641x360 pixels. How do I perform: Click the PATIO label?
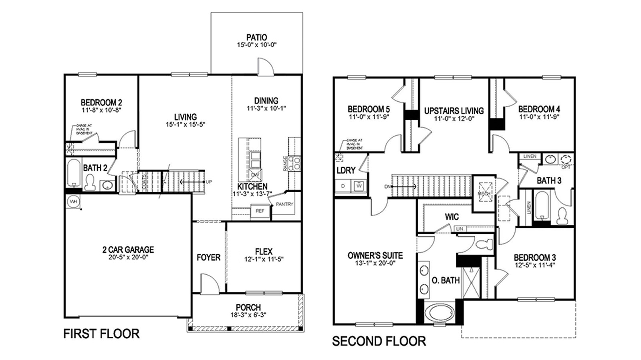tap(256, 38)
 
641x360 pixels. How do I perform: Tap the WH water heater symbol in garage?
tap(73, 201)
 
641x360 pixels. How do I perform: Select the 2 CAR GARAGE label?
tap(128, 249)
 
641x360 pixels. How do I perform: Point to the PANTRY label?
tap(284, 204)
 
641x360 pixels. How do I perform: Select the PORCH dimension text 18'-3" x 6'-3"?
tap(248, 315)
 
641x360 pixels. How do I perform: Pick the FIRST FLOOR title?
tap(101, 334)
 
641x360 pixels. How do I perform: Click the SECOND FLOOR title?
tap(379, 341)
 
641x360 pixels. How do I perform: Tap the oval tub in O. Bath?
tap(439, 312)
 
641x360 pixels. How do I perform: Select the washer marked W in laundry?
tap(359, 186)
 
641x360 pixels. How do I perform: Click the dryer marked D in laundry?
tap(343, 186)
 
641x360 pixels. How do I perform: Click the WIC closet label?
tap(452, 217)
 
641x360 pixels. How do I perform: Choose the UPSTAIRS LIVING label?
tap(454, 111)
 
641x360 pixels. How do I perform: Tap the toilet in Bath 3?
tap(562, 216)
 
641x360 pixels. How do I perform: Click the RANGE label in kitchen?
tap(285, 163)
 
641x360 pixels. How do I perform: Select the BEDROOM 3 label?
tap(534, 257)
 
